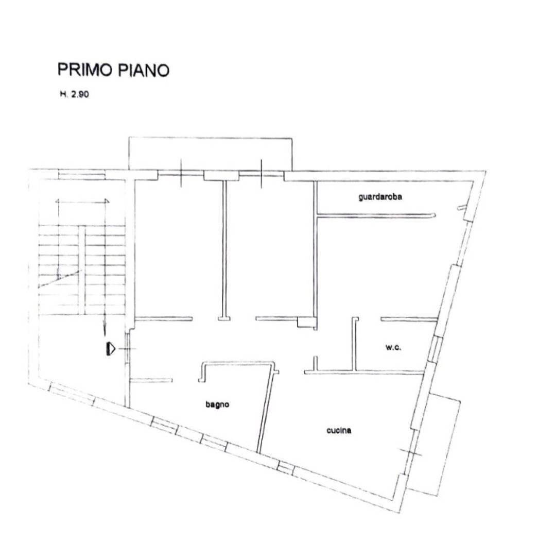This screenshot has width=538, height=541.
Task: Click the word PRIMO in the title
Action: pyautogui.click(x=85, y=70)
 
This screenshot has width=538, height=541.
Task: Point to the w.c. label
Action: pyautogui.click(x=393, y=347)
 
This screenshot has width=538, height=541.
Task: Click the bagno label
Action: pyautogui.click(x=217, y=404)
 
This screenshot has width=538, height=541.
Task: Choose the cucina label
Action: pyautogui.click(x=339, y=430)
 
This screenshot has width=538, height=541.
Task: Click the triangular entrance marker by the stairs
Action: pyautogui.click(x=109, y=349)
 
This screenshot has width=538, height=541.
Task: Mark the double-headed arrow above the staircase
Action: pyautogui.click(x=82, y=201)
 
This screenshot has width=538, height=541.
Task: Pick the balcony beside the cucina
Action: pyautogui.click(x=438, y=443)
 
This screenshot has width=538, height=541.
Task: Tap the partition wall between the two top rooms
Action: pyautogui.click(x=224, y=250)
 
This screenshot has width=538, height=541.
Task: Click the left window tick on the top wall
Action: pyautogui.click(x=181, y=174)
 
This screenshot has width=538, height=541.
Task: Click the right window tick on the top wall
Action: pyautogui.click(x=262, y=174)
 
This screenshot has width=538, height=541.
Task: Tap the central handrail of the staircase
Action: pyautogui.click(x=81, y=270)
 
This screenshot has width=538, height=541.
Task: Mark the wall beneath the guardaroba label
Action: pyautogui.click(x=376, y=215)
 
